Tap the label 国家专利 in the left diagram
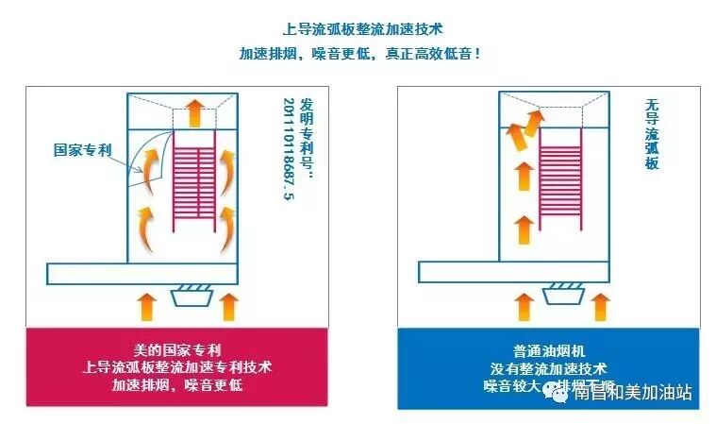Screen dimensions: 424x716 click(x=83, y=149)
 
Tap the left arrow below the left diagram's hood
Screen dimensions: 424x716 click(x=146, y=306)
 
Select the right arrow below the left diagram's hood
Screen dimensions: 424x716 click(x=226, y=306)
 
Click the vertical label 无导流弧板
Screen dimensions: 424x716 click(x=651, y=135)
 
